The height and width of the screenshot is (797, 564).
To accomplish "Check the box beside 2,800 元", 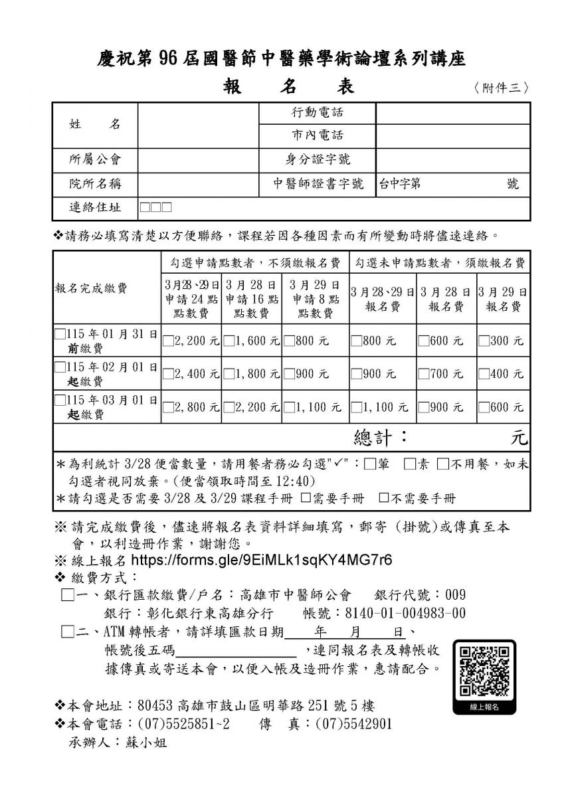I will [168, 407].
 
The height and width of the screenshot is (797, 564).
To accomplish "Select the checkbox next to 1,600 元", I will [228, 341].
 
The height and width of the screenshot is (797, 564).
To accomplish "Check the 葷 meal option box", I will [369, 464].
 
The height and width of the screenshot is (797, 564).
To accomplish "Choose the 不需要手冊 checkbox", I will [383, 497].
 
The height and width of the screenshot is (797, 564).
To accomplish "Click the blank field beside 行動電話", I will [452, 113].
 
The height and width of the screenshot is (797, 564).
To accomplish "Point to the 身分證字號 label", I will [318, 159].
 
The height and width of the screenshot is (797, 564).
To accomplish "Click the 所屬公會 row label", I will [95, 159].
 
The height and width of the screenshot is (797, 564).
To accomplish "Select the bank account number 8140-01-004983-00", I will [402, 612].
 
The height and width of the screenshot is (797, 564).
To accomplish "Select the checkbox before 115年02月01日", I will [60, 367].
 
